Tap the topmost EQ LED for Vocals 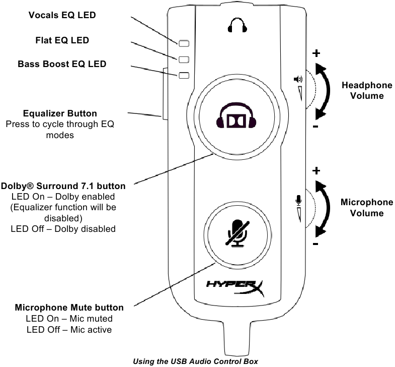coord(184,43)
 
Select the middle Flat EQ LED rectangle coord(184,59)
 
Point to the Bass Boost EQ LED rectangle coord(184,76)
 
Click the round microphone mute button coord(235,234)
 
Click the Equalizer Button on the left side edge coord(164,93)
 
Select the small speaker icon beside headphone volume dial coord(298,79)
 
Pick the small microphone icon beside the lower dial coord(298,200)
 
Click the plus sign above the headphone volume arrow coord(316,53)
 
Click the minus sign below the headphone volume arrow coord(315,127)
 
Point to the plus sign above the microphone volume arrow coord(316,171)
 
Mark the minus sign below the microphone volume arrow coord(315,244)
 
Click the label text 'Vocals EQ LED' coord(62,16)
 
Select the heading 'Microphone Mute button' coord(69,308)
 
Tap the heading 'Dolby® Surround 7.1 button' coord(63,186)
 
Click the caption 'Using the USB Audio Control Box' coord(195,361)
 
